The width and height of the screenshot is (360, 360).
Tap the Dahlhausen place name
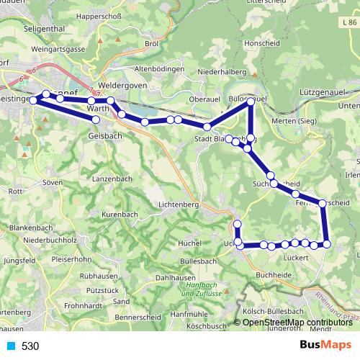coord(174,276)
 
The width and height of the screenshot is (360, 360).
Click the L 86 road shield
coord(348,23)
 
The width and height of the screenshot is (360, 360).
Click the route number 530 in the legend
coord(30,346)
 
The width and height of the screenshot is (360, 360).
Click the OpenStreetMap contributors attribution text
coord(297,323)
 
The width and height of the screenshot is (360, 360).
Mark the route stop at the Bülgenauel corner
coord(251,102)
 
